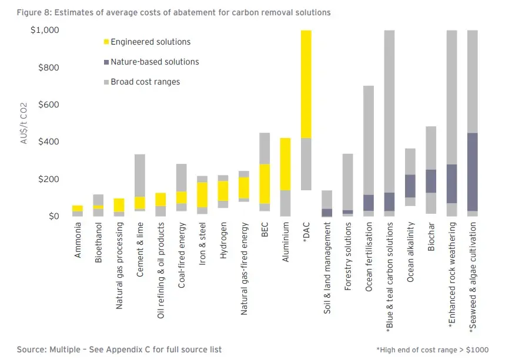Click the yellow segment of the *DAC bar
tap(306, 83)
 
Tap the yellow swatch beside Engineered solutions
tap(106, 42)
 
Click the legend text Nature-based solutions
tap(155, 62)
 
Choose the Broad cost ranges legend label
tap(145, 82)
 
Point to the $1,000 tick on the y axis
tap(44, 30)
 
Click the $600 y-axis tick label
tap(48, 105)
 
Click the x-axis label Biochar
tap(431, 237)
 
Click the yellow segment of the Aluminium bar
tap(285, 164)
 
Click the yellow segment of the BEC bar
tap(265, 183)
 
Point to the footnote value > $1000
tap(476, 349)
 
